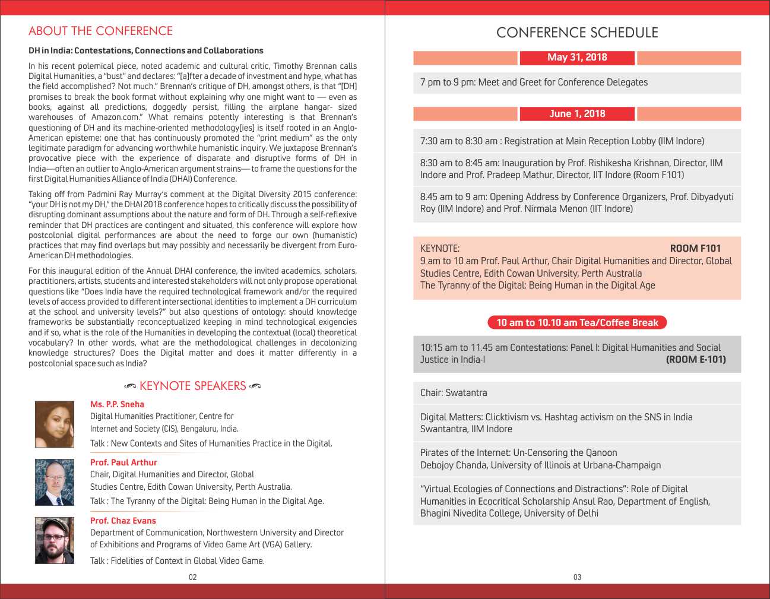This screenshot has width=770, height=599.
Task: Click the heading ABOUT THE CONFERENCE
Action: (100, 31)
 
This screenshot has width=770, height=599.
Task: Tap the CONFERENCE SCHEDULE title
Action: (577, 33)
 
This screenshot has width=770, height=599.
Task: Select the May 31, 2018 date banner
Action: (577, 58)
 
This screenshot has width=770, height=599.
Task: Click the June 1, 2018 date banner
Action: (577, 114)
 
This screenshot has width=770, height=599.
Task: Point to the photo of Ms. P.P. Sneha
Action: (55, 424)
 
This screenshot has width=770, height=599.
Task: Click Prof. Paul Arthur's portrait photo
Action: (55, 482)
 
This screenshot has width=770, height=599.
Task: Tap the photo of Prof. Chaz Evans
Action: (55, 540)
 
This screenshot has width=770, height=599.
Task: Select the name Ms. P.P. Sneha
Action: (117, 404)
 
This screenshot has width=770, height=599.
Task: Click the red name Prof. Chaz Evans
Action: (123, 521)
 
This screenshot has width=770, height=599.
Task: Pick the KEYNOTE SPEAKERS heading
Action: (192, 386)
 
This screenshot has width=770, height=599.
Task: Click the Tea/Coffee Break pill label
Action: (577, 322)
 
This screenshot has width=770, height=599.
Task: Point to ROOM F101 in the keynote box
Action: (695, 248)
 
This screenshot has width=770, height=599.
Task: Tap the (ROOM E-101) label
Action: (695, 359)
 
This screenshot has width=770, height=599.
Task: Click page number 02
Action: (192, 577)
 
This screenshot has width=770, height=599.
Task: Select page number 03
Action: (577, 577)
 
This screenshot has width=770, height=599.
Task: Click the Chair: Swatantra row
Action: (454, 393)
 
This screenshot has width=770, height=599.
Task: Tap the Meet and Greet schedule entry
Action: (534, 83)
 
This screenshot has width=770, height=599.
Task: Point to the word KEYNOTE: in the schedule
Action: (439, 249)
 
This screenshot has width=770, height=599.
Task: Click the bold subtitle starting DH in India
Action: (146, 50)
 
